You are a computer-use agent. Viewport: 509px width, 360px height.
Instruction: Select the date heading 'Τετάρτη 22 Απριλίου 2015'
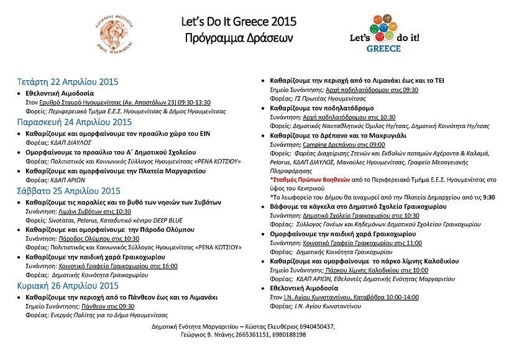click(67, 81)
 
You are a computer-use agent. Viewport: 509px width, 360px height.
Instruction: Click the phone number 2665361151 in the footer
click(244, 335)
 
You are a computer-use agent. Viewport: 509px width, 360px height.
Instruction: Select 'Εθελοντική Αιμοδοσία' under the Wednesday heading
click(59, 91)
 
